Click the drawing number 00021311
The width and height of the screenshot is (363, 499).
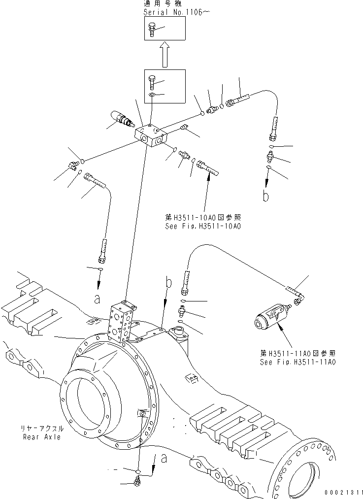[343, 492]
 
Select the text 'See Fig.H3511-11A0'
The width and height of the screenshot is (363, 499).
[297, 362]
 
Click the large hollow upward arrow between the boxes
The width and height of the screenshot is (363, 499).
[165, 54]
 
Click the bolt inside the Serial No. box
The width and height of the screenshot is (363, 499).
[152, 30]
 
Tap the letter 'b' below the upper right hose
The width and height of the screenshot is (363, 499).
[266, 196]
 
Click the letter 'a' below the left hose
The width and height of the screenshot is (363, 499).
[97, 298]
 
